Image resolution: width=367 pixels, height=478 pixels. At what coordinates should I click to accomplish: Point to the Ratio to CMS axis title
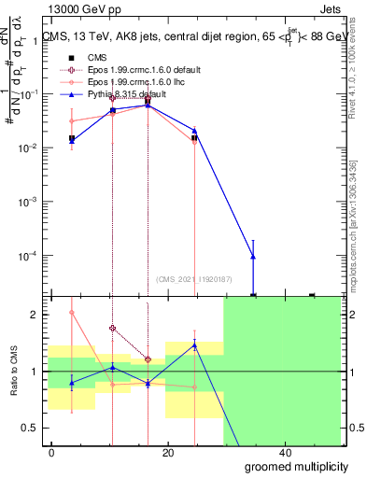tap(16, 373)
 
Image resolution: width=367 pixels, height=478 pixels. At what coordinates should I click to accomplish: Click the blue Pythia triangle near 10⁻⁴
tap(253, 257)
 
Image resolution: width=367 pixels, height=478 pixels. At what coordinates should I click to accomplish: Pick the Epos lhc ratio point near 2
tap(72, 313)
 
